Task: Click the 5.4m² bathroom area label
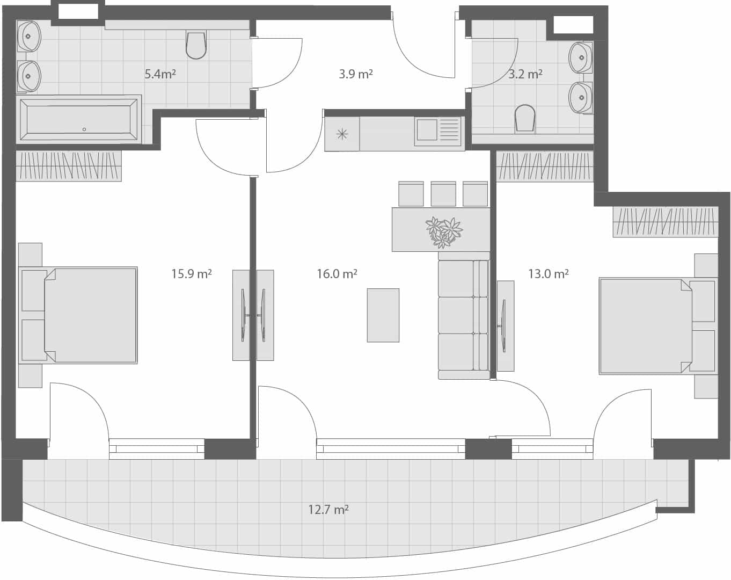coord(160,74)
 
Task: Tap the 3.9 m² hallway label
coord(355,74)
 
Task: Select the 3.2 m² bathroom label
coord(525,74)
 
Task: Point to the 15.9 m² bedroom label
coord(191,274)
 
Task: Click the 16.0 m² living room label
coord(337,274)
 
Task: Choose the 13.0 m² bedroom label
coord(548,274)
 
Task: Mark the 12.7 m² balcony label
coord(328,509)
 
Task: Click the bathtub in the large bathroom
coord(79,119)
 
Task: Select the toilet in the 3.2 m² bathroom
coord(525,119)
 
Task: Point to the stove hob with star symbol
coord(342,134)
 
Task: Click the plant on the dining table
coord(444,231)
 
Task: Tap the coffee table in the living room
coord(383,315)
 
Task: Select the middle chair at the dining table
coord(443,194)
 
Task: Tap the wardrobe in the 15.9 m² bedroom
coord(68,165)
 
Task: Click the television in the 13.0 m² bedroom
coord(505,325)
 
